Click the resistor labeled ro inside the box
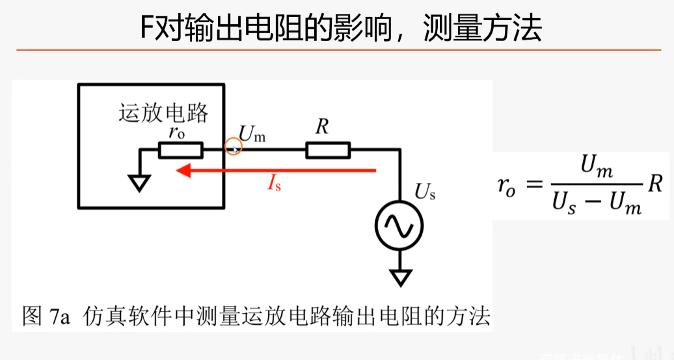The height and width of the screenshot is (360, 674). point(180,151)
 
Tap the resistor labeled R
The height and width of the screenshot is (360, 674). point(328,151)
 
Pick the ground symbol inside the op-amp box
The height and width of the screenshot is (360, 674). point(139,182)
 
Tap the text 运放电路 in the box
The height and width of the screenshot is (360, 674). point(163,113)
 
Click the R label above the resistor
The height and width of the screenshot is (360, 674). point(322,128)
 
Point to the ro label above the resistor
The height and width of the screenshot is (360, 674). point(176,132)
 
